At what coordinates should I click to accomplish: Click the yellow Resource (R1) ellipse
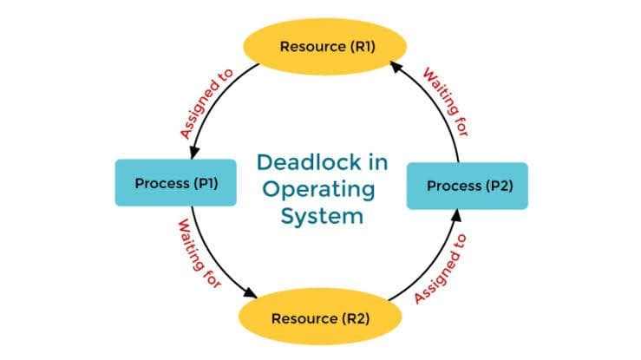click(320, 46)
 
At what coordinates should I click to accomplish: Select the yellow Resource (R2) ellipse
click(320, 317)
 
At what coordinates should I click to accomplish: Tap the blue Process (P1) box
click(175, 182)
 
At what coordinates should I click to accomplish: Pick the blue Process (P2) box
click(467, 186)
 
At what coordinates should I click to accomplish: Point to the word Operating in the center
click(320, 188)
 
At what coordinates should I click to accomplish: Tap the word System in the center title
click(321, 215)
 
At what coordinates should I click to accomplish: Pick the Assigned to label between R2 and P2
click(440, 268)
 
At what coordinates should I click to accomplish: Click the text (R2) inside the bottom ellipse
click(355, 317)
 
